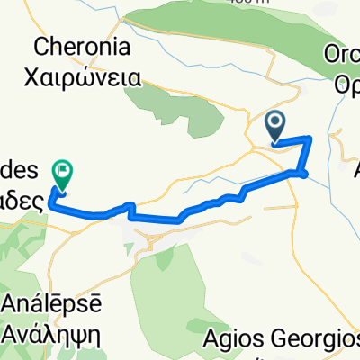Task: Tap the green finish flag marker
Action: point(62,170)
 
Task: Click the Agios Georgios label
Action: point(281,340)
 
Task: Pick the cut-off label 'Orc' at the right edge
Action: point(347,55)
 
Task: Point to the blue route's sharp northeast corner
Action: point(310,138)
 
